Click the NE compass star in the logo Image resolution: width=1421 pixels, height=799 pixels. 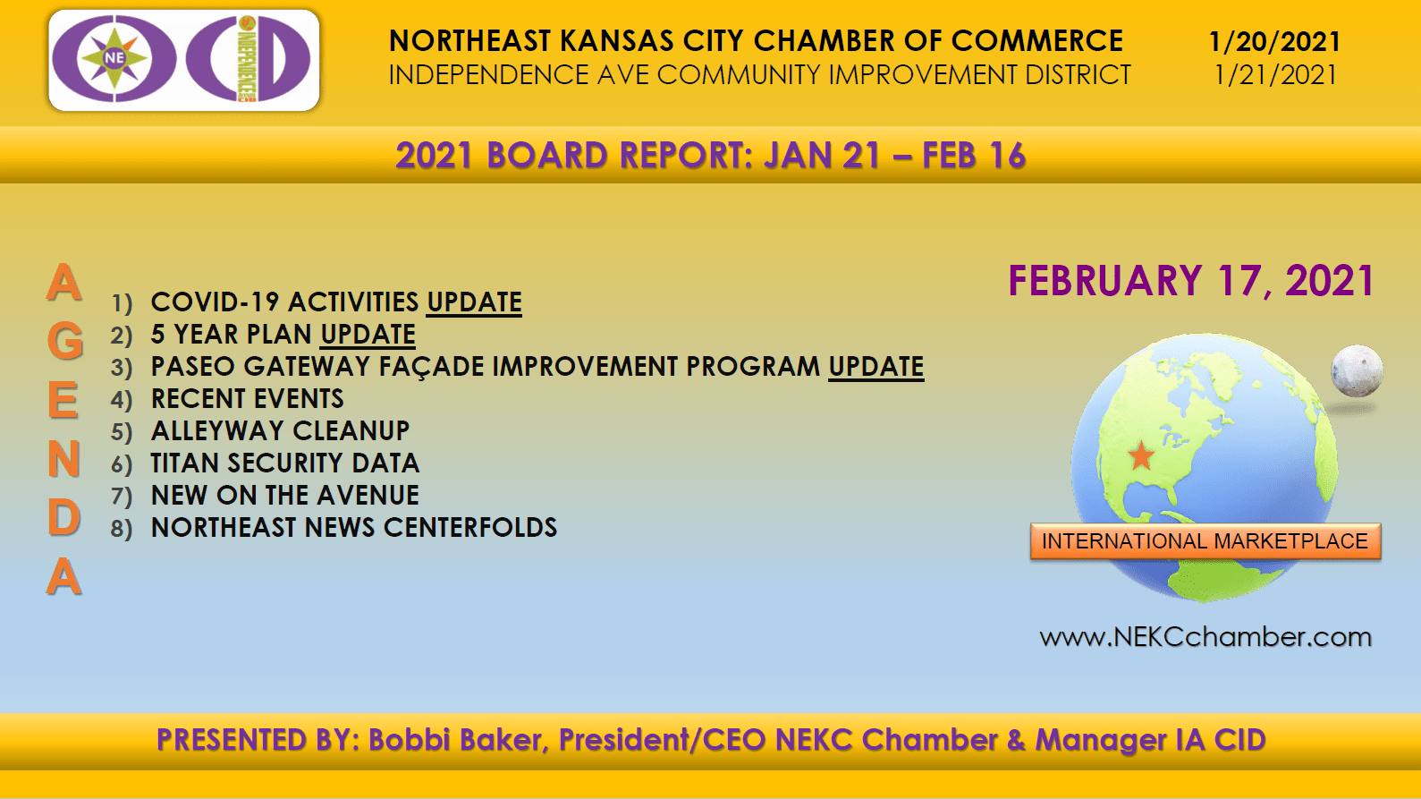tap(114, 58)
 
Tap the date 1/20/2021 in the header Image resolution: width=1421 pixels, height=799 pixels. tap(1274, 42)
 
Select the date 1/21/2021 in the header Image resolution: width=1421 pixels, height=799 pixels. tap(1275, 75)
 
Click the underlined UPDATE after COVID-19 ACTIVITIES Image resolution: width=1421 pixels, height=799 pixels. tap(474, 302)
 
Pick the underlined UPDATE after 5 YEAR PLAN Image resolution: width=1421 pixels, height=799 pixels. tap(368, 335)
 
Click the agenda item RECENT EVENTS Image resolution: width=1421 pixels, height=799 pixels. tap(248, 398)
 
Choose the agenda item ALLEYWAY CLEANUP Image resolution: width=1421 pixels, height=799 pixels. tap(281, 431)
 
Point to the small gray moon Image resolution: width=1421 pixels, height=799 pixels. tap(1357, 370)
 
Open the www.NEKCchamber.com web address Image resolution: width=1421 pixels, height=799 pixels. tap(1205, 636)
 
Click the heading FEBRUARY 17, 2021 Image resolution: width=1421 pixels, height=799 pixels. tap(1191, 281)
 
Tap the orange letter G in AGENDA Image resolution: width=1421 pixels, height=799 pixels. tap(64, 341)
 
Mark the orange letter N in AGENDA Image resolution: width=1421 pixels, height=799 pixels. tap(64, 458)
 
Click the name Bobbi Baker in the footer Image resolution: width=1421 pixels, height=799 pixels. tap(455, 740)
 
